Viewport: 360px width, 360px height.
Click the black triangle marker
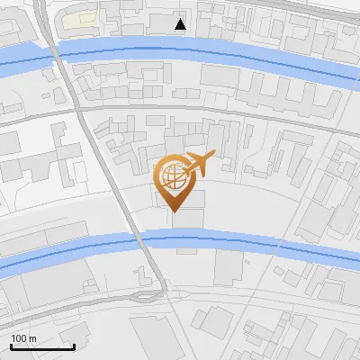(181, 23)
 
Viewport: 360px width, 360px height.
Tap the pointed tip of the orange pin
(174, 212)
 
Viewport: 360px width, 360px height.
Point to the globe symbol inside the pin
(172, 175)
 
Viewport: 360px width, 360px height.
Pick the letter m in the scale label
(32, 338)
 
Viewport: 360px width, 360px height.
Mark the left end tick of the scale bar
(10, 346)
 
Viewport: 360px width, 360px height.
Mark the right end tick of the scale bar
(74, 346)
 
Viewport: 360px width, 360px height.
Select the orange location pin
(174, 180)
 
